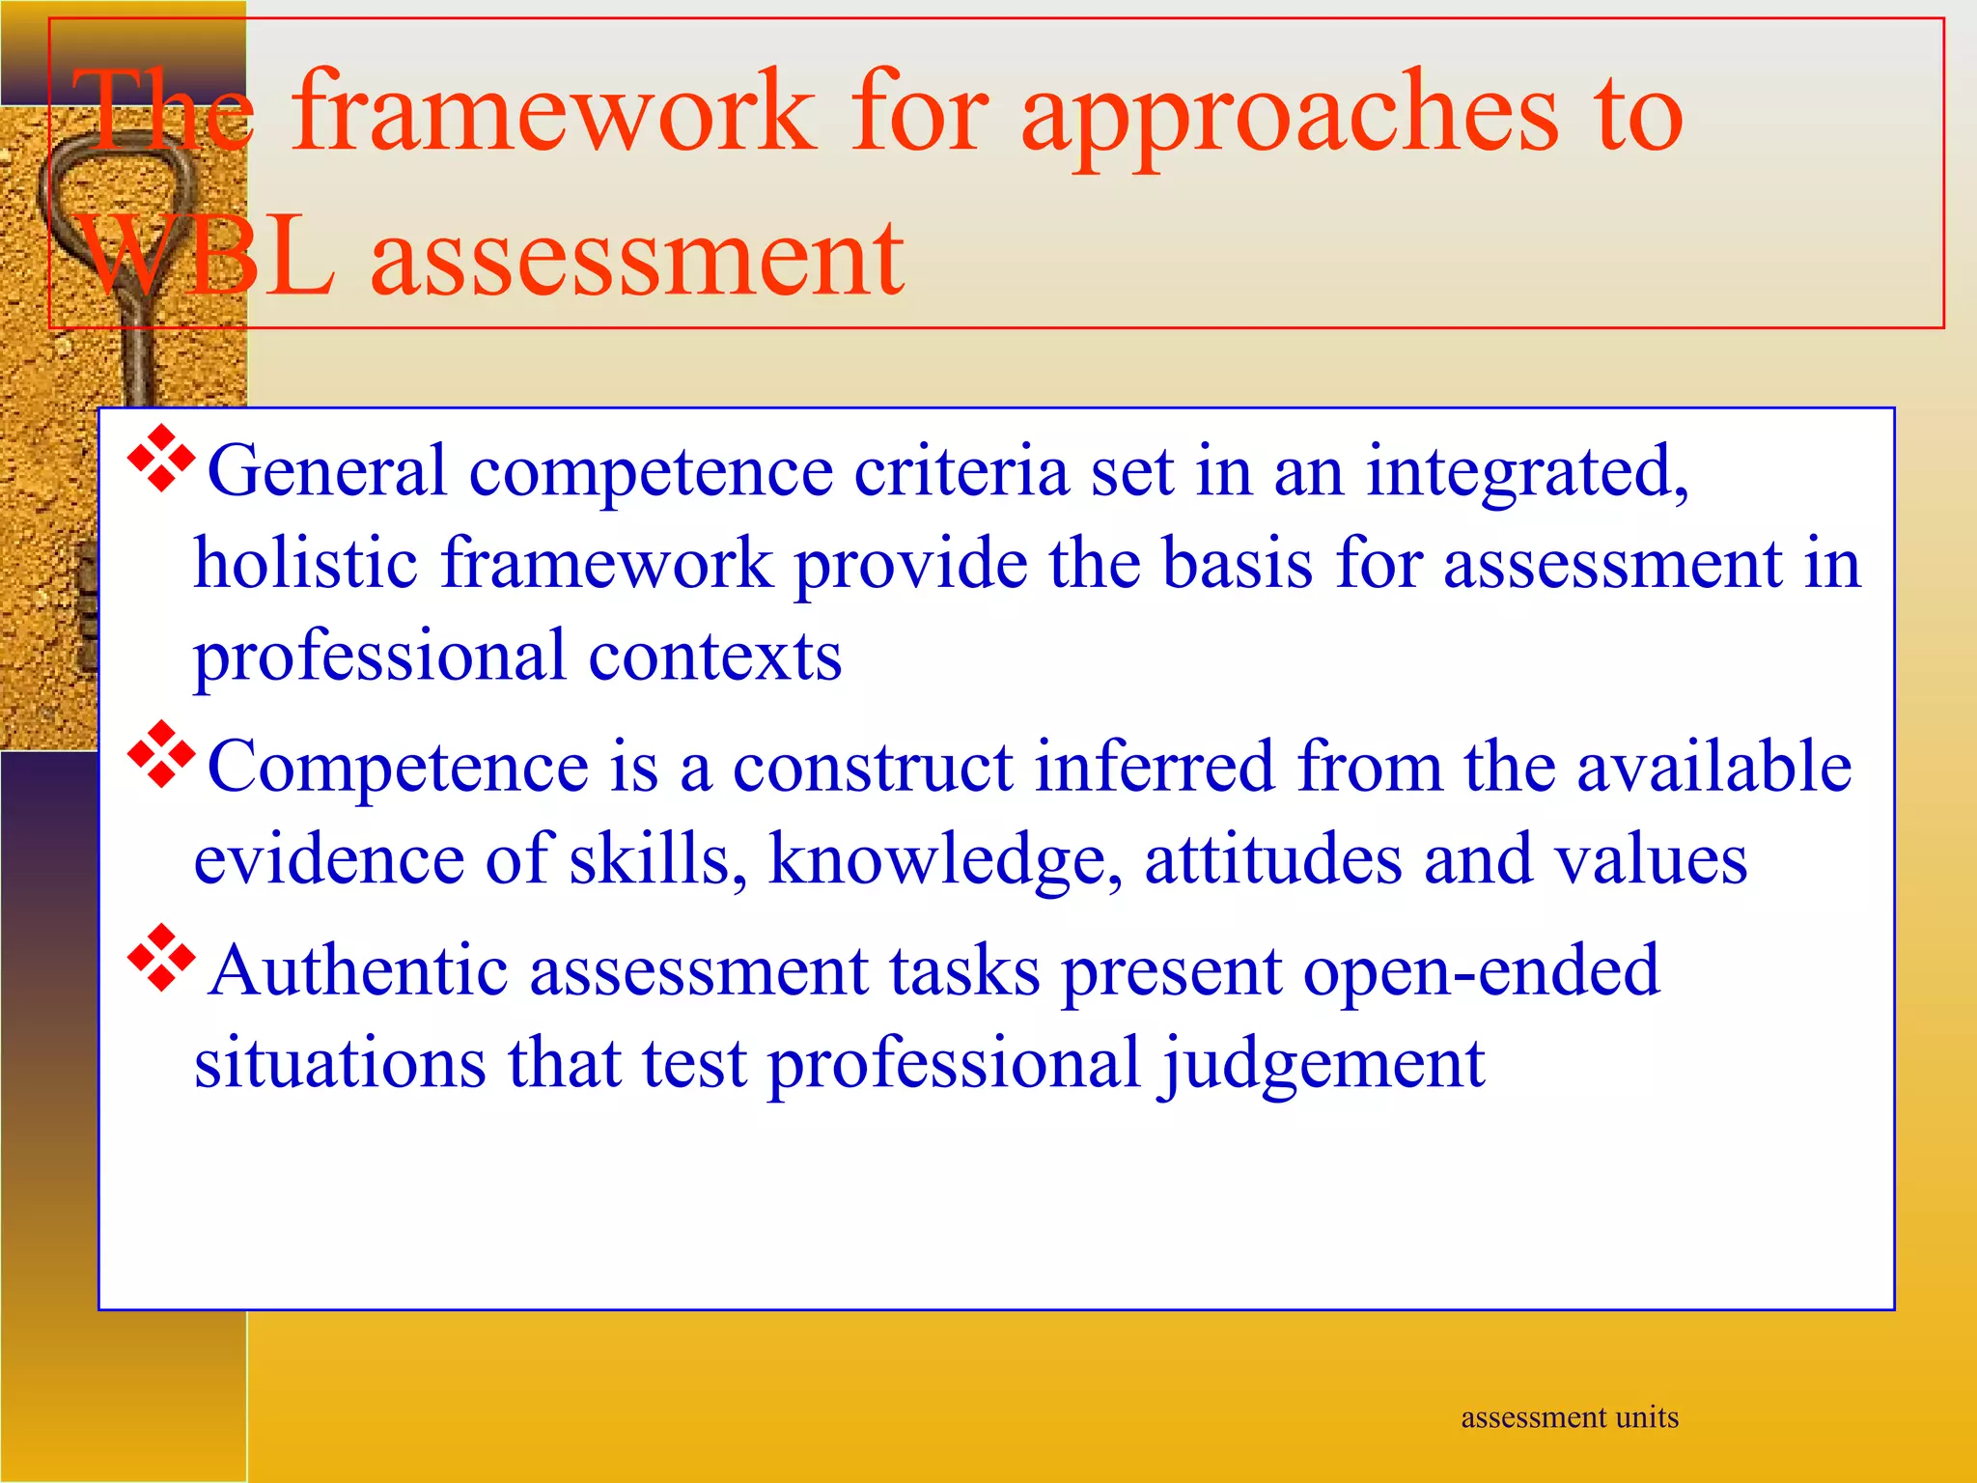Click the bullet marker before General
(x=161, y=459)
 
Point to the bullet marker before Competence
(x=161, y=753)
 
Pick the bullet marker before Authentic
(x=161, y=958)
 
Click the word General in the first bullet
(x=327, y=472)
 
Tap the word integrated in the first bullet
(x=1526, y=472)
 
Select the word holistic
(x=306, y=563)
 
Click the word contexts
(x=715, y=657)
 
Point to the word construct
(x=873, y=767)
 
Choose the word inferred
(x=1156, y=767)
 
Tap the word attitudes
(x=1272, y=858)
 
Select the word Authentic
(x=358, y=970)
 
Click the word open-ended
(x=1481, y=970)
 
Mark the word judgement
(x=1323, y=1065)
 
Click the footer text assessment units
(x=1570, y=1417)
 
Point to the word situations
(x=340, y=1063)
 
